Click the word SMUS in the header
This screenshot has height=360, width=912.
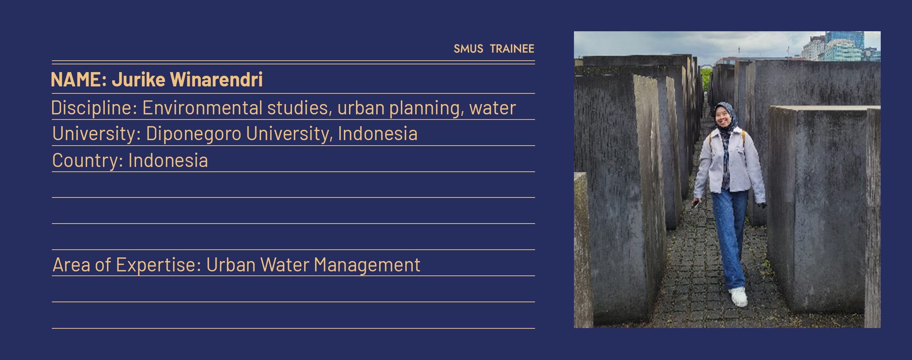468,49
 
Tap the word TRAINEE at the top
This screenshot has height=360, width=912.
512,49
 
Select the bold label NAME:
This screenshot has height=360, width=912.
79,79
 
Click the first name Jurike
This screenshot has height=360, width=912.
139,79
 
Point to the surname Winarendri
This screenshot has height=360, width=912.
217,79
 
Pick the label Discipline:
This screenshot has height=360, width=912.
94,108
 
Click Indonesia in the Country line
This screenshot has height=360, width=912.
168,160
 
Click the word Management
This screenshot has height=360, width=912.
367,265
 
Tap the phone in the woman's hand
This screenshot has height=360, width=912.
695,204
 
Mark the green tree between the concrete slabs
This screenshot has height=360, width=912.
706,79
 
